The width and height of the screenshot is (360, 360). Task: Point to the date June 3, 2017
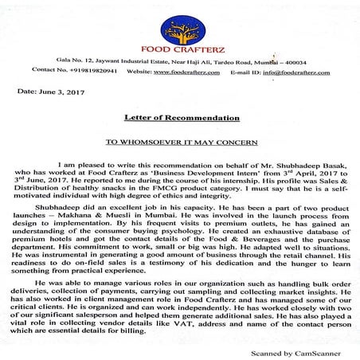(49, 91)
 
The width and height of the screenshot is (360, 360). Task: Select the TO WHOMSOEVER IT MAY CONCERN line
(178, 138)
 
